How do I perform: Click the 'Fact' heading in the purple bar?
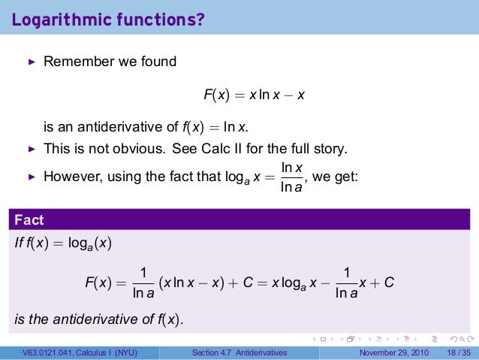pyautogui.click(x=29, y=220)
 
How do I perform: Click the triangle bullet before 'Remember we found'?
pyautogui.click(x=32, y=62)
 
